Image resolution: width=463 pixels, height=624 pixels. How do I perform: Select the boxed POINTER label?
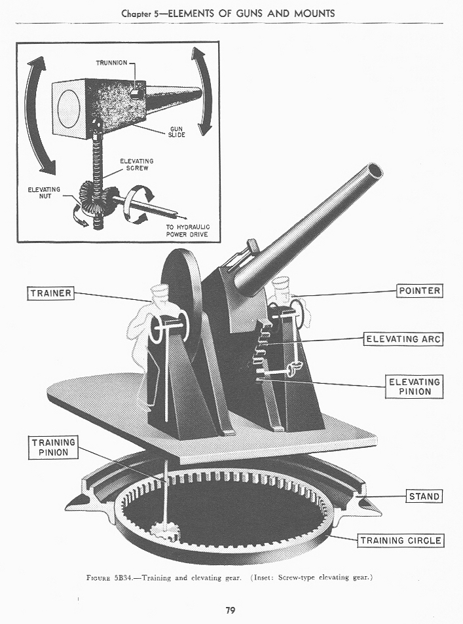point(420,290)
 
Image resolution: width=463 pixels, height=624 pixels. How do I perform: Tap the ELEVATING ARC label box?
point(403,339)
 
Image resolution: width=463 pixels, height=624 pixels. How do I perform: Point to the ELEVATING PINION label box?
point(415,386)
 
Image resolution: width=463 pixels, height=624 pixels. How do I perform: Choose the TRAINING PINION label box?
point(54,447)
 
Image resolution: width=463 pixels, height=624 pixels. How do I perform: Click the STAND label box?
point(424,496)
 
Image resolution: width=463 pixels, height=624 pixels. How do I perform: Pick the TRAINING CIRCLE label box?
point(400,540)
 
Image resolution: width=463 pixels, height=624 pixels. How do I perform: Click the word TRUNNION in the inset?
point(111,63)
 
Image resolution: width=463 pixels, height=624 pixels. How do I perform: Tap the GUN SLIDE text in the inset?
point(178,132)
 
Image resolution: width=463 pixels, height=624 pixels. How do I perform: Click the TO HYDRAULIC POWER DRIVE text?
point(183,230)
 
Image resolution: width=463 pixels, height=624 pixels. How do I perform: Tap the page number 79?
point(231,610)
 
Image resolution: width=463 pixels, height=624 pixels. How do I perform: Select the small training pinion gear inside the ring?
point(161,529)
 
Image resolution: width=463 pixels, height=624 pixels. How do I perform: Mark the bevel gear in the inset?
point(94,195)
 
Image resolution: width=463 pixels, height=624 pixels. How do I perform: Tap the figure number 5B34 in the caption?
point(124,578)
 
